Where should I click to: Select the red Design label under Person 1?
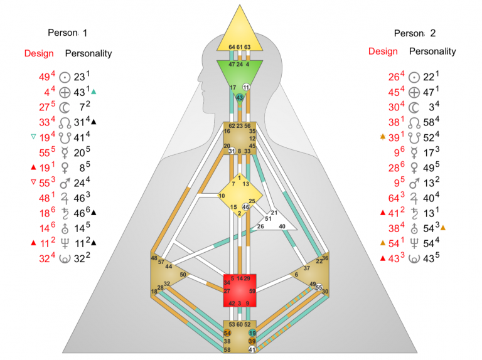point(39,53)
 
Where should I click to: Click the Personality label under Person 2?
point(432,51)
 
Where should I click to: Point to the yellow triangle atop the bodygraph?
point(240,31)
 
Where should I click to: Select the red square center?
point(240,290)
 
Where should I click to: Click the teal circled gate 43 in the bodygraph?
point(240,98)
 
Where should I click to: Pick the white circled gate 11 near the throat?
point(247,87)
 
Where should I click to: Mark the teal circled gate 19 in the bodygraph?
point(252,333)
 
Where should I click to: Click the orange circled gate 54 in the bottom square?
point(227,332)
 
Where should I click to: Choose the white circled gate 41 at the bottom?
point(252,349)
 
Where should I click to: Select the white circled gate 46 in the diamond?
point(246,207)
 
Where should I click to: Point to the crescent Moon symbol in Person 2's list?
point(414,106)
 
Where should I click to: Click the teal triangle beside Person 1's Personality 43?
point(94,92)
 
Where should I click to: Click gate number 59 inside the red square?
point(252,291)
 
